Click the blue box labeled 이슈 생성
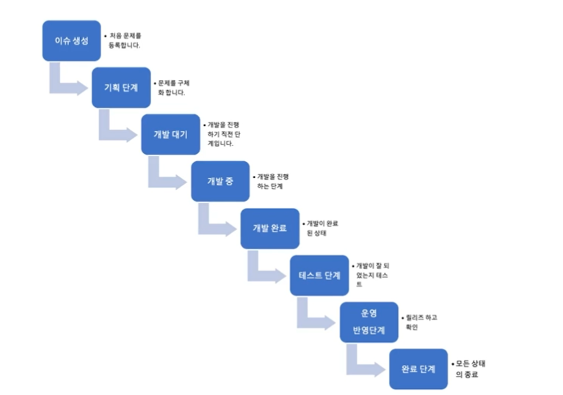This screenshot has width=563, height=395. (x=71, y=40)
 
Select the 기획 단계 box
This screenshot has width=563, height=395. (x=121, y=87)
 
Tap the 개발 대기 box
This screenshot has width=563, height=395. (x=170, y=134)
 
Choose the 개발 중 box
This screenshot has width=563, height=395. (x=220, y=181)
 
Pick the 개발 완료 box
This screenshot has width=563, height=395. (x=270, y=229)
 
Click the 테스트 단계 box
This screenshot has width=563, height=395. (x=319, y=276)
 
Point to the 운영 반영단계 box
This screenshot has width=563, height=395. (x=368, y=322)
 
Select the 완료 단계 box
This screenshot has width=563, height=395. (x=418, y=369)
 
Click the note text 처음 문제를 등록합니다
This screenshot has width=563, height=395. (x=125, y=40)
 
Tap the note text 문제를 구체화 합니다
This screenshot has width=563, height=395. (x=174, y=88)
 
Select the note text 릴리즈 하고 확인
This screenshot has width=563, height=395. (x=421, y=322)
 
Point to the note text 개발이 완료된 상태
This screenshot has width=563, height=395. (x=323, y=228)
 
